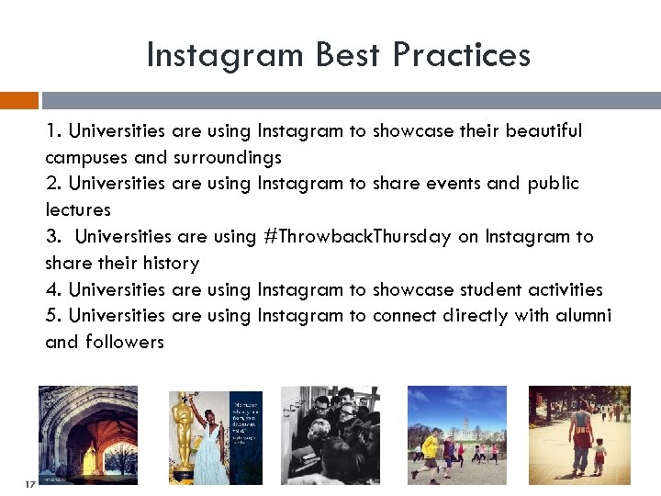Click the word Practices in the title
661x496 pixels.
[x=461, y=55]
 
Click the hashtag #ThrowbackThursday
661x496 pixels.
[x=357, y=236]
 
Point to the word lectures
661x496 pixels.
[x=78, y=210]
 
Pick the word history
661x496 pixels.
[x=167, y=264]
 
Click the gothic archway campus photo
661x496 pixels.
[x=88, y=434]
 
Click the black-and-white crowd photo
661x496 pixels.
[x=330, y=434]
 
